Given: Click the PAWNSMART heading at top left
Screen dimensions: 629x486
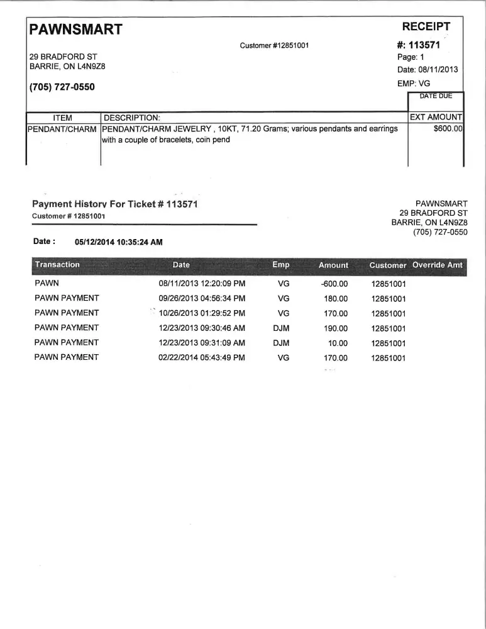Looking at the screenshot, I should pyautogui.click(x=75, y=29).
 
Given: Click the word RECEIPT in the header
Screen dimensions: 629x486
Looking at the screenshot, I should pyautogui.click(x=426, y=26).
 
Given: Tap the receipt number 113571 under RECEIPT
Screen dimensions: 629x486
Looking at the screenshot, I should pyautogui.click(x=424, y=45).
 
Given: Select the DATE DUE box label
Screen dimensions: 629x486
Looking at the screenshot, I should pyautogui.click(x=436, y=96).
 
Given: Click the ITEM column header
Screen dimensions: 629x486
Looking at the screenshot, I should pyautogui.click(x=63, y=118).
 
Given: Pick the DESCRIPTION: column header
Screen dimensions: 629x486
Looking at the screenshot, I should pyautogui.click(x=132, y=118).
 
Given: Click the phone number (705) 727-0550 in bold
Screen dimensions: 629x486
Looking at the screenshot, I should pyautogui.click(x=62, y=87).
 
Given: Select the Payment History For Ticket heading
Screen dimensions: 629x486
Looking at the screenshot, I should pyautogui.click(x=115, y=204).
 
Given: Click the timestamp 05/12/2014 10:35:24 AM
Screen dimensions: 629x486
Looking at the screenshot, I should pyautogui.click(x=119, y=242).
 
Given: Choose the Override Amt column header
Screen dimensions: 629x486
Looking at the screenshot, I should pyautogui.click(x=438, y=265).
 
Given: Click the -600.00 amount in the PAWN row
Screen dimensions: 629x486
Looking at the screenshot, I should pyautogui.click(x=334, y=284).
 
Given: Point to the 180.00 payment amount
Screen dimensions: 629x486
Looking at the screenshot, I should pyautogui.click(x=335, y=298).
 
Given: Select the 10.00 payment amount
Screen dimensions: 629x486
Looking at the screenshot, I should pyautogui.click(x=338, y=343).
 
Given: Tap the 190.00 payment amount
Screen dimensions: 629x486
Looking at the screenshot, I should pyautogui.click(x=335, y=328).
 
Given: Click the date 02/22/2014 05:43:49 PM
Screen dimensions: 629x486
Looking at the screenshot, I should pyautogui.click(x=202, y=358).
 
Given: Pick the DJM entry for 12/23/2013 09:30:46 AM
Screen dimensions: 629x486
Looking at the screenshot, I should pyautogui.click(x=281, y=328).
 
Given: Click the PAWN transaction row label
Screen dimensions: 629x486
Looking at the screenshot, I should pyautogui.click(x=47, y=283).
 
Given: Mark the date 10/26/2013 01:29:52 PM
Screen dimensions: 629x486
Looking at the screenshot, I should pyautogui.click(x=202, y=313).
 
